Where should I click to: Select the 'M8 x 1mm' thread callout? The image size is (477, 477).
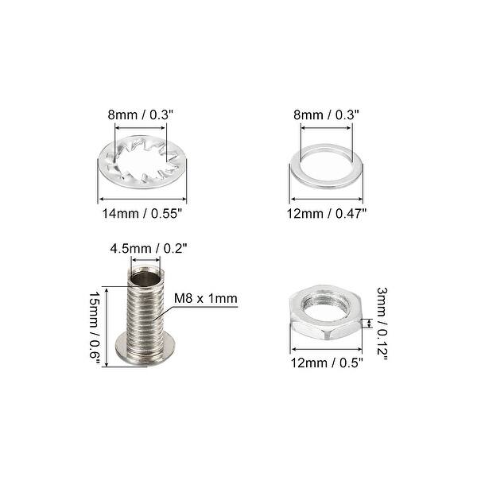click(206, 300)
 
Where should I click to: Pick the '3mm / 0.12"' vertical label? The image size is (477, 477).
click(382, 325)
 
